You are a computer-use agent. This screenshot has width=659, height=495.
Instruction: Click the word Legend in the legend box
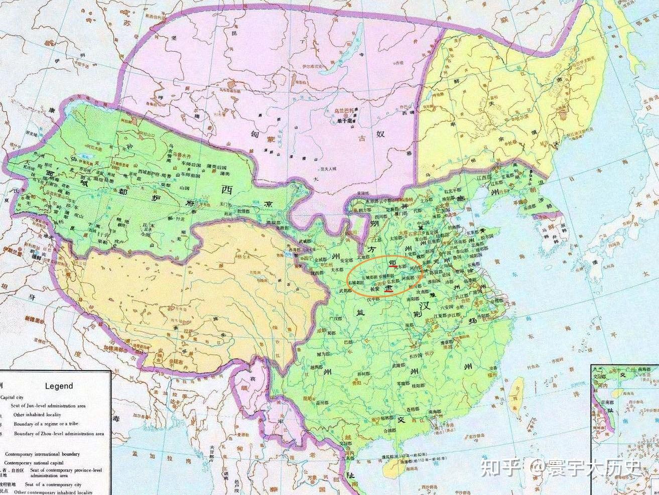click(x=59, y=386)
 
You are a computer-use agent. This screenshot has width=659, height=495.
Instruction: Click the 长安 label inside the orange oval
click(x=375, y=289)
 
